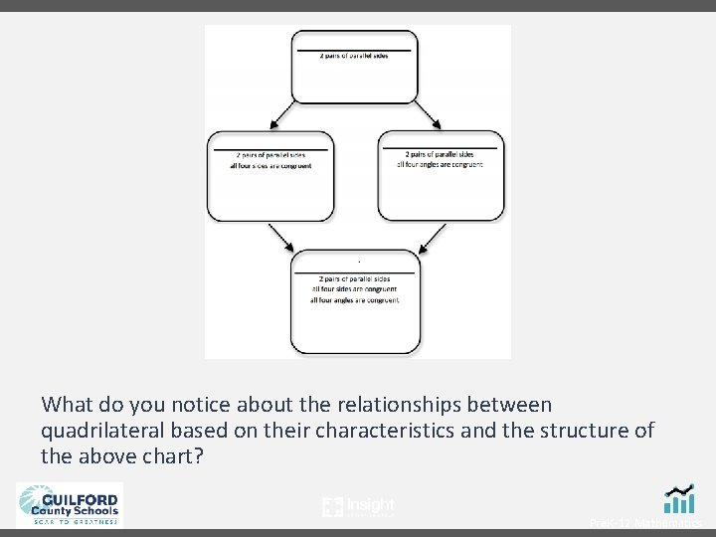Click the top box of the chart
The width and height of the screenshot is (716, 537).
[x=354, y=67]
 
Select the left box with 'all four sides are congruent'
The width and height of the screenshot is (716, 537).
[x=271, y=176]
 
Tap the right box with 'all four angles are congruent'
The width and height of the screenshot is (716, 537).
[x=441, y=176]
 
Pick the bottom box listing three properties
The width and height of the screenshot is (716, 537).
[x=354, y=301]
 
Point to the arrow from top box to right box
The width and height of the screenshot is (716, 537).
[x=429, y=114]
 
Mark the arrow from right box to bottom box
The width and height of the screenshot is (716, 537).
[x=433, y=238]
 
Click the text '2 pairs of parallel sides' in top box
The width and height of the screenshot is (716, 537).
[x=354, y=55]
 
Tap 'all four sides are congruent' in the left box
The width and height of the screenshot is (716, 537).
[x=273, y=166]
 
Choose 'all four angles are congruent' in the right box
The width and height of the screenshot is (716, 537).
[x=440, y=164]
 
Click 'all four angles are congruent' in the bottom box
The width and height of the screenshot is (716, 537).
[x=354, y=299]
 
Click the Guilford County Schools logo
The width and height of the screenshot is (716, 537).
[x=69, y=503]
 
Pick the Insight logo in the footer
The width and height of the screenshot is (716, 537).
[x=359, y=506]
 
